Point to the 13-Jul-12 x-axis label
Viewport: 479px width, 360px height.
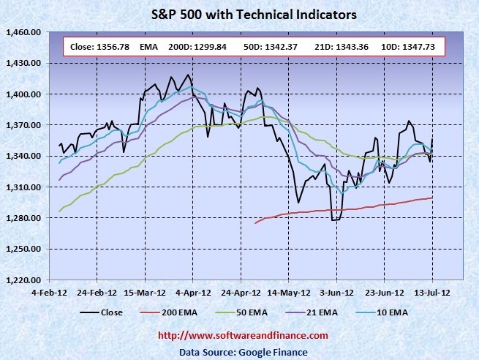(431, 290)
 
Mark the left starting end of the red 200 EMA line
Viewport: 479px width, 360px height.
(255, 222)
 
